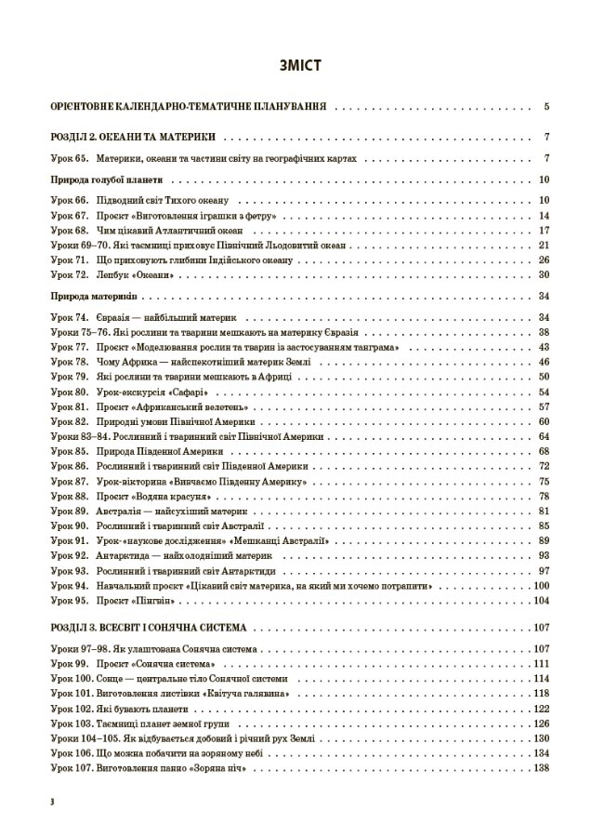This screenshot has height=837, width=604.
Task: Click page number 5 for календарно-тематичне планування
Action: click(x=548, y=107)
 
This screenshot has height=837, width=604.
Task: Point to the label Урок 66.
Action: click(x=70, y=201)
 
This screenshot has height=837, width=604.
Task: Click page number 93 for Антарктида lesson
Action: click(x=545, y=555)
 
